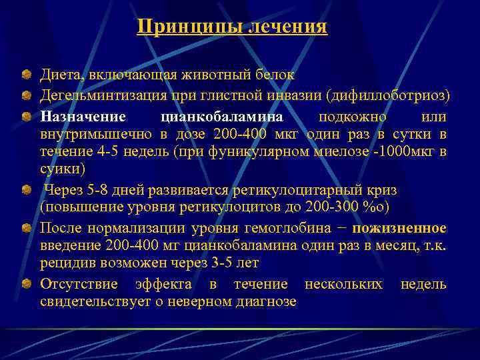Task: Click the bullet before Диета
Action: click(x=25, y=74)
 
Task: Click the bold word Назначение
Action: click(x=83, y=117)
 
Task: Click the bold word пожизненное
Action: click(x=399, y=228)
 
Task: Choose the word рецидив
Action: click(x=65, y=263)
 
